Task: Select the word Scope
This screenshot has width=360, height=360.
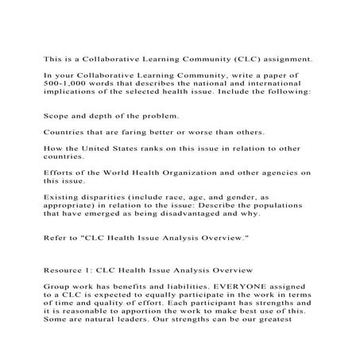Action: coord(58,116)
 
